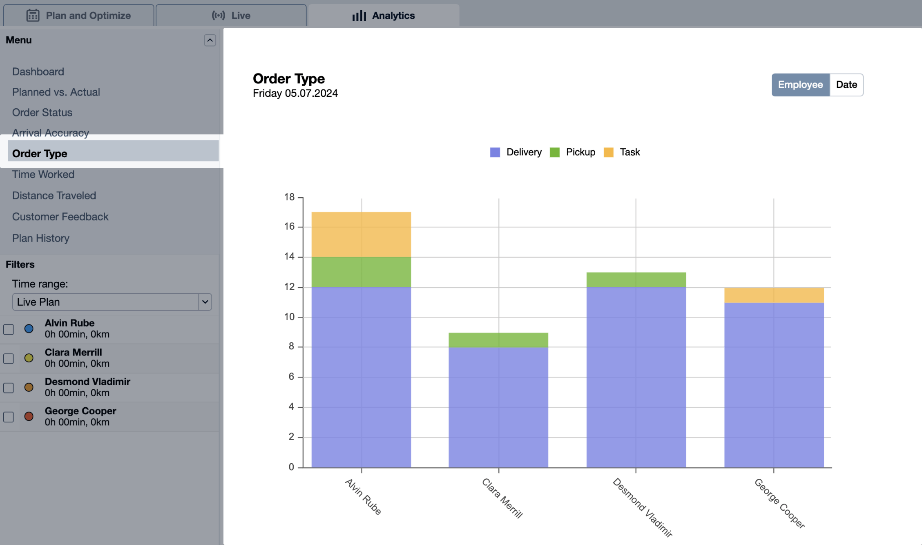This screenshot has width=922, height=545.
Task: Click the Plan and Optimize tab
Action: tap(78, 16)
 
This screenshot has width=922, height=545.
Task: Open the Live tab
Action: tap(231, 16)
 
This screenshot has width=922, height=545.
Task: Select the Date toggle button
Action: tap(846, 85)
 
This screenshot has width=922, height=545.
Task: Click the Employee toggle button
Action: tap(800, 85)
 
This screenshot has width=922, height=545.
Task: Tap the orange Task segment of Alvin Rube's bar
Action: tap(361, 234)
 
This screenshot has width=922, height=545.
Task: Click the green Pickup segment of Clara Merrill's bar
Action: tap(498, 340)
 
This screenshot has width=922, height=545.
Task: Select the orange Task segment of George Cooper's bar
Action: tap(774, 295)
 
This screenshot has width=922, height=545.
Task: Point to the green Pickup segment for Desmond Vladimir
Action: tap(636, 279)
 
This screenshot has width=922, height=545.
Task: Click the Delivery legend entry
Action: tap(516, 152)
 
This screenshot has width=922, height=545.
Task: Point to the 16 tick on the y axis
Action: tap(289, 226)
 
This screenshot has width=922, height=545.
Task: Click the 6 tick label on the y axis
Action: tap(291, 376)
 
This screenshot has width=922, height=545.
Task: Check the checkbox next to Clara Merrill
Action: tap(9, 358)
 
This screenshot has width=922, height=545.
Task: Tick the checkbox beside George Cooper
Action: tap(9, 417)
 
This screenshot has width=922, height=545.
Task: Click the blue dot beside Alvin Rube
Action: tap(29, 328)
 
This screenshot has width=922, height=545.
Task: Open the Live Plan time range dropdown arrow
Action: tap(205, 302)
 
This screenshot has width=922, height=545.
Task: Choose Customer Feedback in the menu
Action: tap(60, 217)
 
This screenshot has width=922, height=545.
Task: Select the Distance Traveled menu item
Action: tap(54, 195)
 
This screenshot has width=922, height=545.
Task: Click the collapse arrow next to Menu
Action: tap(210, 40)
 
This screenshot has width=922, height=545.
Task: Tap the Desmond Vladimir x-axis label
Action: tap(642, 507)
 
